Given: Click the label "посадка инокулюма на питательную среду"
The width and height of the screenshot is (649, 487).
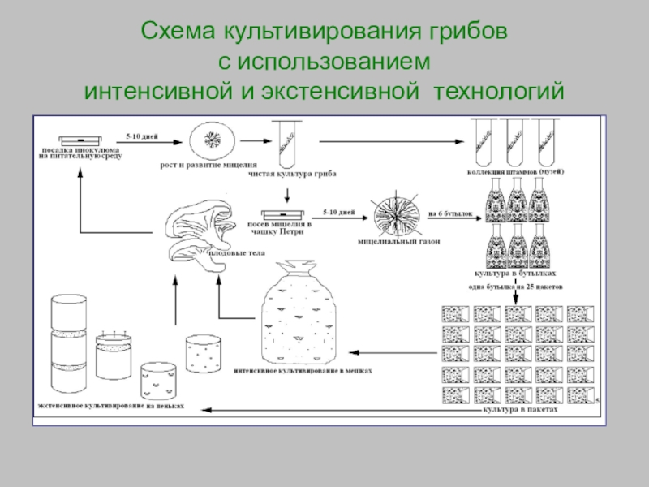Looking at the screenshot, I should coord(80,153).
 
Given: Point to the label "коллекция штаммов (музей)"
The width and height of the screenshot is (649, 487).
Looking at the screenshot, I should coord(516,172).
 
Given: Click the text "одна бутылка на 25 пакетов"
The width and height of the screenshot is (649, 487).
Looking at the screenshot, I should coord(516,287).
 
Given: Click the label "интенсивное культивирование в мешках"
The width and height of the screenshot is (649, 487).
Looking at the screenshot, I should coord(302,369).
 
